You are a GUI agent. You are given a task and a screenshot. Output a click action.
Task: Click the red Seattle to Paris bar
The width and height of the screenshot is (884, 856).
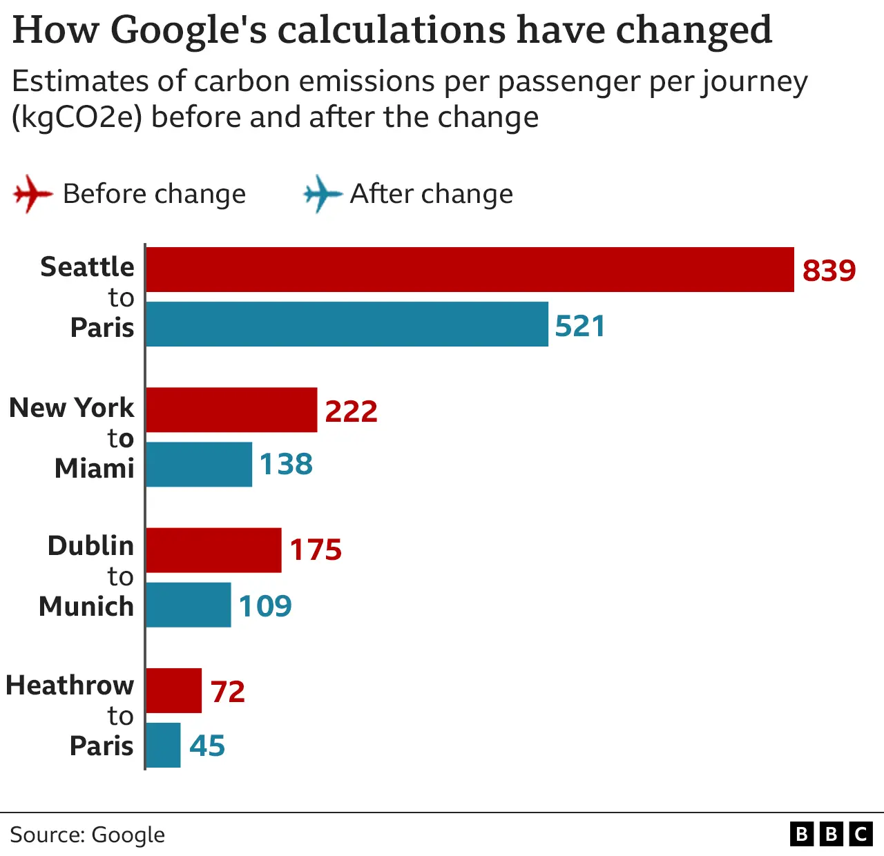[x=470, y=270]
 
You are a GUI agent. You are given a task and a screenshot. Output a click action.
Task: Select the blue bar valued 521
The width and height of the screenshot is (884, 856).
[x=347, y=324]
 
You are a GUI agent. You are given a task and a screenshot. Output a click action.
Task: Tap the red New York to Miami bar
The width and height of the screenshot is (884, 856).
[x=231, y=410]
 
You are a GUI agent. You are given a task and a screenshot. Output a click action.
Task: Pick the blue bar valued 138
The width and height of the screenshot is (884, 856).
[x=199, y=465]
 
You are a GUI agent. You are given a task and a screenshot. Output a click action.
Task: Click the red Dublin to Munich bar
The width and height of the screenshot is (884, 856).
[x=213, y=550]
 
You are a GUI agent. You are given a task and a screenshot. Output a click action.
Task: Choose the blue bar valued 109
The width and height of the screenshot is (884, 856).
[x=189, y=605]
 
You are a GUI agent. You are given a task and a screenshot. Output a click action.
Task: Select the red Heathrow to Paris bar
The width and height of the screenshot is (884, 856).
[x=173, y=690]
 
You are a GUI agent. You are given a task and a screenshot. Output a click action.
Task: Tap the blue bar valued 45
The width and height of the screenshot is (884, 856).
[x=163, y=746]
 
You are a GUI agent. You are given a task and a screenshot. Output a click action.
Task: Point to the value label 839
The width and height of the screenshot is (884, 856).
[x=829, y=271]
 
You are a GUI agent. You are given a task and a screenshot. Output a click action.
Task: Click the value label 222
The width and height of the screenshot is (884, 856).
[x=351, y=411]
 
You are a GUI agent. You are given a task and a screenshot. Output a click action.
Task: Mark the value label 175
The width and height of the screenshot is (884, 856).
[x=316, y=550]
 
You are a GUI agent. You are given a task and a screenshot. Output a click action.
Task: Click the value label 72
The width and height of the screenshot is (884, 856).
[x=228, y=692]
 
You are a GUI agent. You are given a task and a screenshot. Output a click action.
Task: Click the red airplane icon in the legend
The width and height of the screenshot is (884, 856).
[x=32, y=193]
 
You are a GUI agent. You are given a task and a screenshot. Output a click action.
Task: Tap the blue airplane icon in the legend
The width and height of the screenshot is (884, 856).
[x=322, y=193]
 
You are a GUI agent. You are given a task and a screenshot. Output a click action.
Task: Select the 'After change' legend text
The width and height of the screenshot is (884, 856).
[x=432, y=194]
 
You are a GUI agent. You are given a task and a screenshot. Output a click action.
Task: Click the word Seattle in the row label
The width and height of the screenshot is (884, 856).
[x=87, y=267]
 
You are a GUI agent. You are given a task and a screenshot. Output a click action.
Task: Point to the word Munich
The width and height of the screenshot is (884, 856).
[x=86, y=606]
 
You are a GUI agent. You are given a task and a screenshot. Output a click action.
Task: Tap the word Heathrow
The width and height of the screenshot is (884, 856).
[x=70, y=685]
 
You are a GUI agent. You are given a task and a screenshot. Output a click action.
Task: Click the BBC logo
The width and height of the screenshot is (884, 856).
[x=831, y=835]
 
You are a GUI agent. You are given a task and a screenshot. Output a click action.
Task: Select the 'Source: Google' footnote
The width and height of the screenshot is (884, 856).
[x=88, y=835]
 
